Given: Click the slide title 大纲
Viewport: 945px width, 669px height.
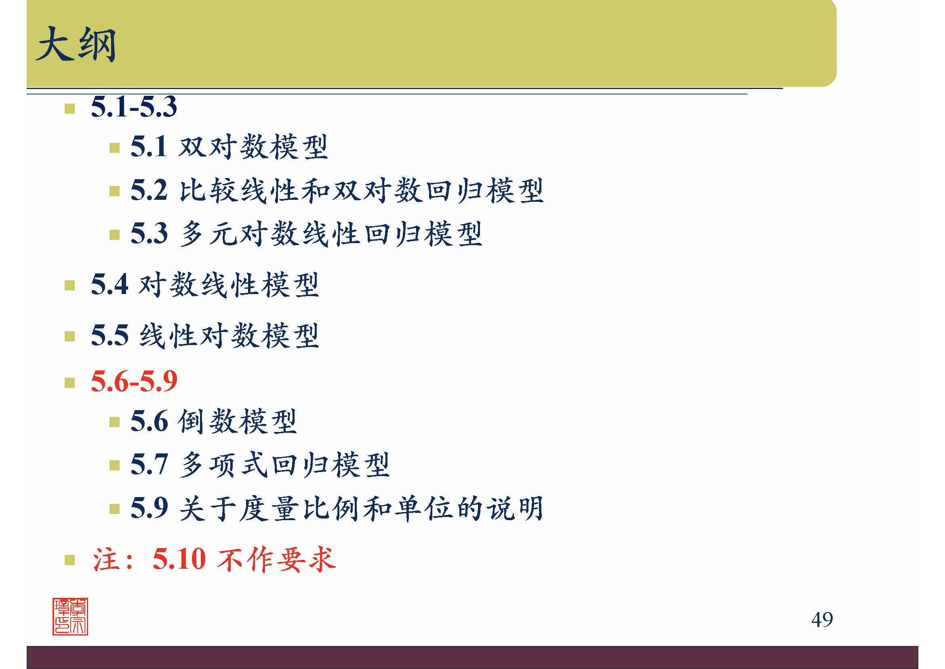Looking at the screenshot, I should pyautogui.click(x=76, y=44).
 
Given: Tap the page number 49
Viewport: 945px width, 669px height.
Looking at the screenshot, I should pyautogui.click(x=821, y=620).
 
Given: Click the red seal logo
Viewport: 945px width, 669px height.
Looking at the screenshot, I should pyautogui.click(x=70, y=616).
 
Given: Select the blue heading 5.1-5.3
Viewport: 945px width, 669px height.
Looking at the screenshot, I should pyautogui.click(x=134, y=107).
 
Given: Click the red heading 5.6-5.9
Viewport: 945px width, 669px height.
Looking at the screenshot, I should pyautogui.click(x=134, y=381).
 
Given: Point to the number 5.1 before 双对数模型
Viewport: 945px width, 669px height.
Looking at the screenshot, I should pyautogui.click(x=149, y=147).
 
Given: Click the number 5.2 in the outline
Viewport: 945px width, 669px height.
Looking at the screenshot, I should pyautogui.click(x=149, y=191).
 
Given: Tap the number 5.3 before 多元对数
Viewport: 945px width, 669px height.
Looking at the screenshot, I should pyautogui.click(x=149, y=233).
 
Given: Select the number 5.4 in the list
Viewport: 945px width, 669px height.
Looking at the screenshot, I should pyautogui.click(x=109, y=285).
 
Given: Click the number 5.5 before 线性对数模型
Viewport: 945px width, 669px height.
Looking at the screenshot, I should pyautogui.click(x=109, y=335).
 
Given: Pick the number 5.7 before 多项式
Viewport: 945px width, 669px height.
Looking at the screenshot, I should pyautogui.click(x=149, y=464).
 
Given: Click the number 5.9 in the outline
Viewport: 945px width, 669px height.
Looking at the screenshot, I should pyautogui.click(x=149, y=508).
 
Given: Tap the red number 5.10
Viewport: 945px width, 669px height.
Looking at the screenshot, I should pyautogui.click(x=179, y=559).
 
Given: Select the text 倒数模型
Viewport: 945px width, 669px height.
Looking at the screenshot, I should pyautogui.click(x=238, y=421).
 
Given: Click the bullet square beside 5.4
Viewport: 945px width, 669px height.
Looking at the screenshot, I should pyautogui.click(x=69, y=286).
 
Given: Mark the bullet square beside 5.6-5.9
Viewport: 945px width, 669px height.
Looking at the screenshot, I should pyautogui.click(x=69, y=383).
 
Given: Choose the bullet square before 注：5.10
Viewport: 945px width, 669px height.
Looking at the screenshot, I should pyautogui.click(x=69, y=560).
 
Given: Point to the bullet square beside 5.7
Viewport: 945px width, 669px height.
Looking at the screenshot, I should pyautogui.click(x=114, y=466).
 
